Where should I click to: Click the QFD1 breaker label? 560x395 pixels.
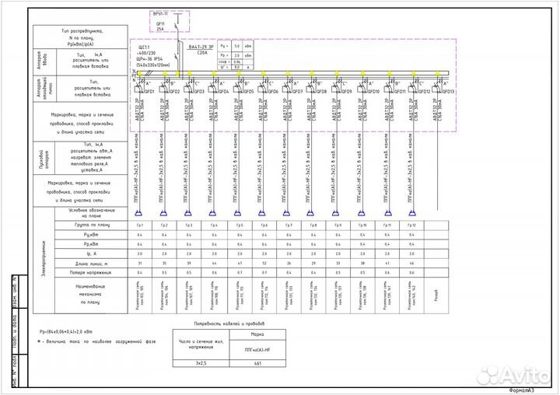coord(149,92)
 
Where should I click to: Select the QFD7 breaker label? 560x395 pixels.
coord(297,92)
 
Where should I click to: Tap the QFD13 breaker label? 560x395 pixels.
coord(448,92)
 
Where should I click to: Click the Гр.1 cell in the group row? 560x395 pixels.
coord(140,225)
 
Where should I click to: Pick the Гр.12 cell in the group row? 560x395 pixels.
coord(411,225)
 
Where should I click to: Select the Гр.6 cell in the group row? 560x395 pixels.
coord(264,225)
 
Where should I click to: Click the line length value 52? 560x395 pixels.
coord(264,264)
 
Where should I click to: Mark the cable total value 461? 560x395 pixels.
coord(258,362)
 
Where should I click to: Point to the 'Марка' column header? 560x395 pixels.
coord(258,335)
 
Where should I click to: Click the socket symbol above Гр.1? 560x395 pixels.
coord(140,212)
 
